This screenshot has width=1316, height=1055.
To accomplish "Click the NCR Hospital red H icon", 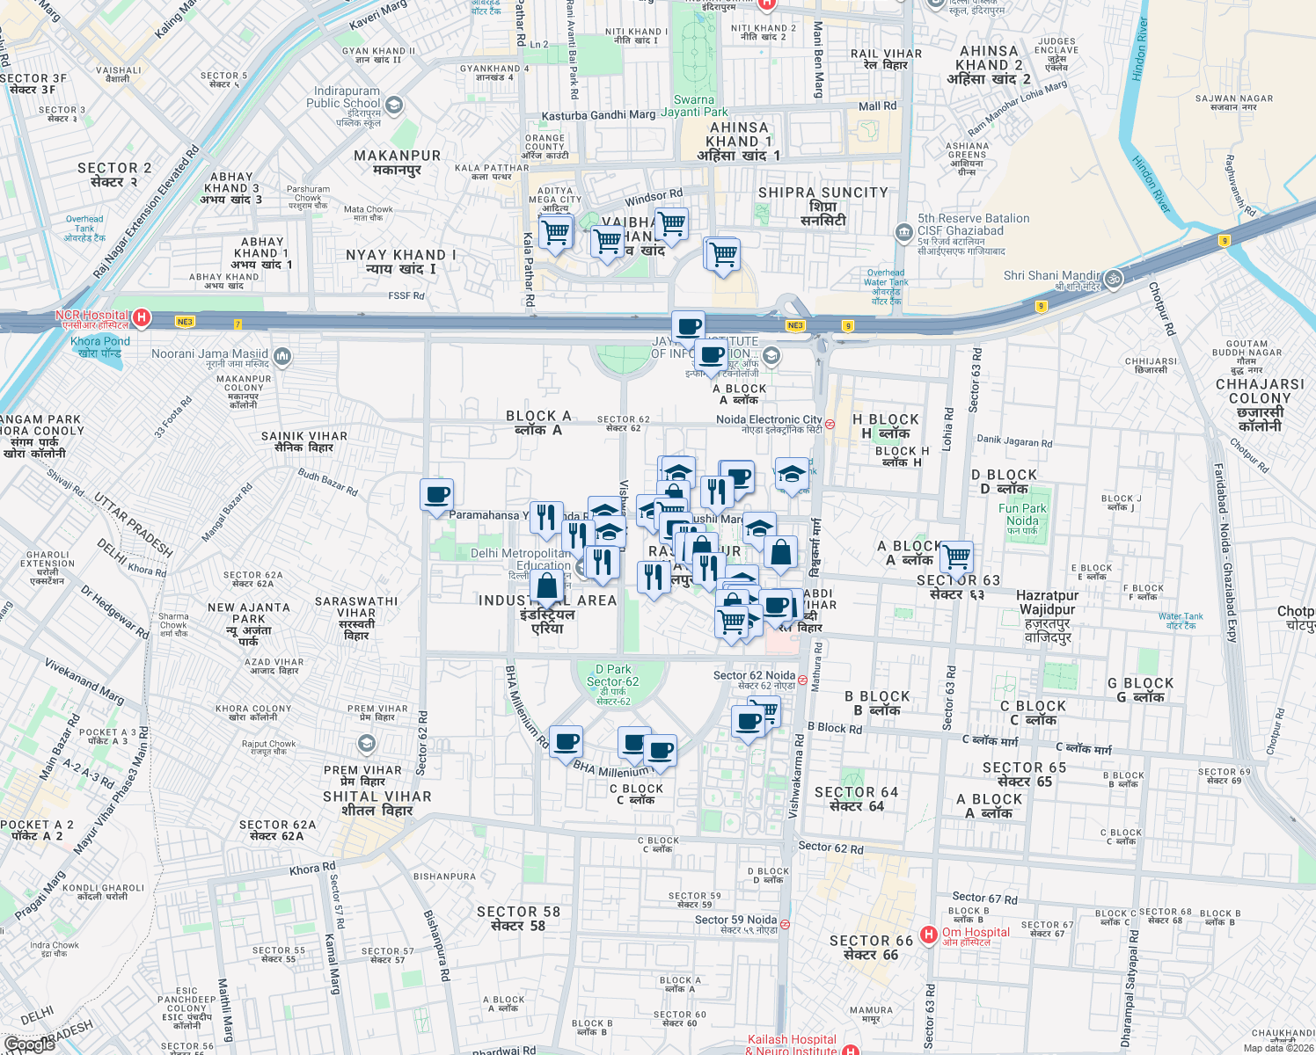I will [141, 317].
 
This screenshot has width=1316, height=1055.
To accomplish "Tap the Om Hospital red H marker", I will [928, 935].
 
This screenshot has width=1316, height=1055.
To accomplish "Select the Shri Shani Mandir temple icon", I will [1113, 279].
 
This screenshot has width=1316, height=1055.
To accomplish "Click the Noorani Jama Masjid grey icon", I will [282, 356].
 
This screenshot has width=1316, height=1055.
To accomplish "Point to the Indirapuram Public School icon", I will [394, 106].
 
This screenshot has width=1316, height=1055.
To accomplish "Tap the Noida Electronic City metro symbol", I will [830, 424].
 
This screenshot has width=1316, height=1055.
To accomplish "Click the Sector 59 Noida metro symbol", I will [785, 924].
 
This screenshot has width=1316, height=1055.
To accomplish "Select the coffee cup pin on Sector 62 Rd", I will [436, 496].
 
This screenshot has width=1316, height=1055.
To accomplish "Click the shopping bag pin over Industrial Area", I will [546, 586].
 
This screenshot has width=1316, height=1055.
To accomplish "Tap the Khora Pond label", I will [100, 346].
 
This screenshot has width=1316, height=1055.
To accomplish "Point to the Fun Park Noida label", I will [1022, 514].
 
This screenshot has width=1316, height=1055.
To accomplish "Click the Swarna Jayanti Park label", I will [694, 105].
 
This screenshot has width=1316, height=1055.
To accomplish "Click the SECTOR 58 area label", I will [518, 918].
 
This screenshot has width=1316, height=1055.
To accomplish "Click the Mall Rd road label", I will [877, 106].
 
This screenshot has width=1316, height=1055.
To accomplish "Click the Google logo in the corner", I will [29, 1044].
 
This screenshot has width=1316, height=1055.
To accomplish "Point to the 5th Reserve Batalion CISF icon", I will [903, 233].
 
